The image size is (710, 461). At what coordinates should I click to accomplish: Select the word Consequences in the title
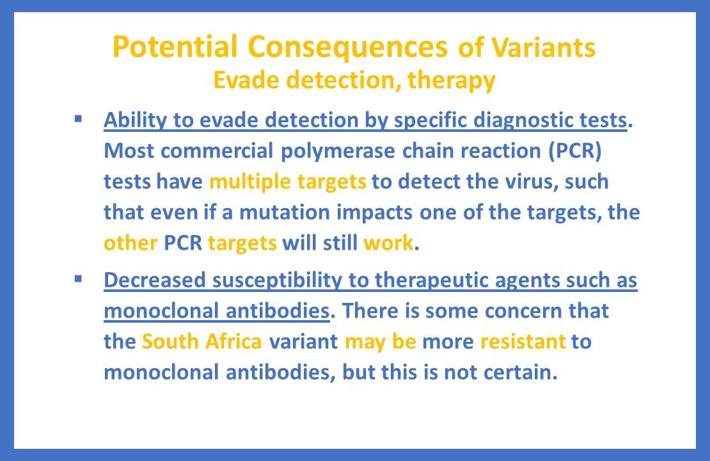(348, 47)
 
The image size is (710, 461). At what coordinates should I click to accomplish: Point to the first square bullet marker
(78, 118)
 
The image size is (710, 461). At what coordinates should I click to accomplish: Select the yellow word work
(389, 243)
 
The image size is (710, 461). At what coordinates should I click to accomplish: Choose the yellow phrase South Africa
(201, 341)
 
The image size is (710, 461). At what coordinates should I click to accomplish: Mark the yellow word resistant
(523, 341)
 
